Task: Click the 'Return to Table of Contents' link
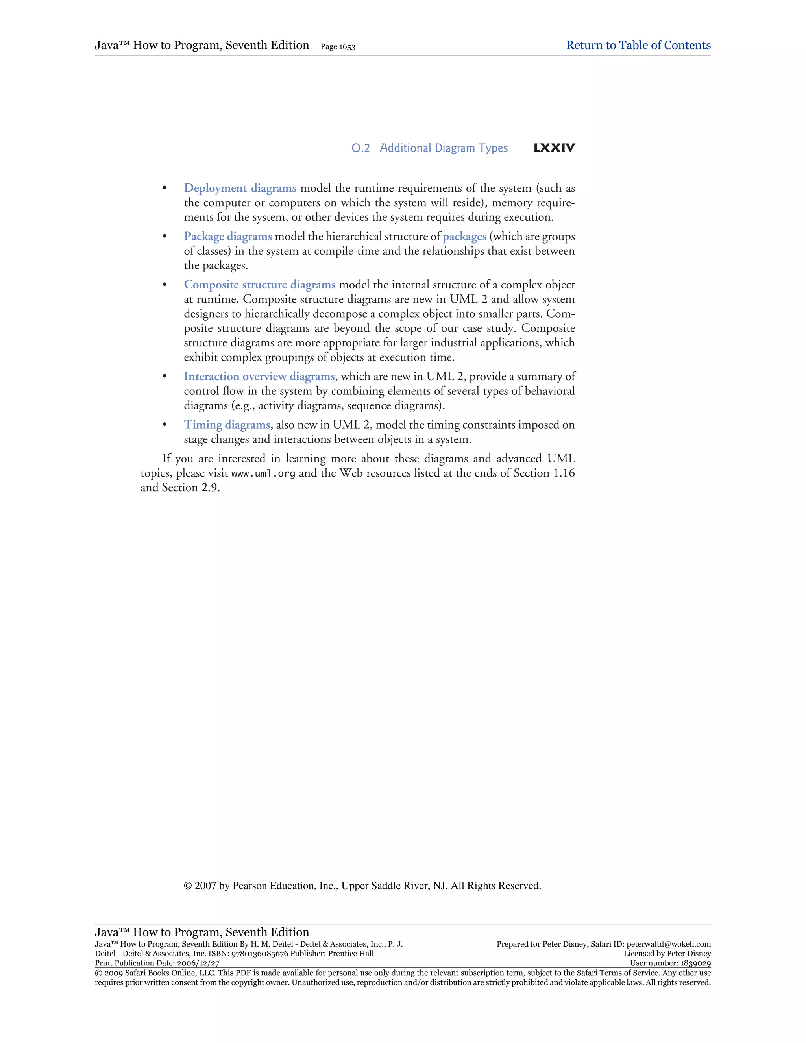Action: [638, 45]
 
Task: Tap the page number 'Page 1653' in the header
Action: [338, 47]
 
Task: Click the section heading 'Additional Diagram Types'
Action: [444, 148]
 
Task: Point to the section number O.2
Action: [360, 148]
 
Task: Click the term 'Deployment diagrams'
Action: [240, 188]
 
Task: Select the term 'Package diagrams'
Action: [228, 237]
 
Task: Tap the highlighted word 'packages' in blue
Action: [464, 237]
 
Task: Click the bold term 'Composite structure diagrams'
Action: [259, 285]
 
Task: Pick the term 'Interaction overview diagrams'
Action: [259, 376]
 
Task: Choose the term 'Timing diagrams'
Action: [227, 425]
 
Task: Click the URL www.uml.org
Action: [263, 473]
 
